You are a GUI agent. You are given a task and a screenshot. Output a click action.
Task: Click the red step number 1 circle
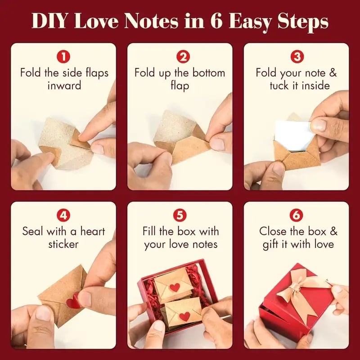point(64,57)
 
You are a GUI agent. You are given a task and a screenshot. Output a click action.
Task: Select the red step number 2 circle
point(180,57)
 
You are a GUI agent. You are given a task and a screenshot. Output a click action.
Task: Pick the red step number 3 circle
point(296,57)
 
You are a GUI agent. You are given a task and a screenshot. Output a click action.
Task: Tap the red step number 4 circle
point(64,215)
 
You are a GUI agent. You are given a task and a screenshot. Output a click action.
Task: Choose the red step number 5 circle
point(180,215)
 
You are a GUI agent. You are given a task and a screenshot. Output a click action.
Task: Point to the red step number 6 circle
point(296,215)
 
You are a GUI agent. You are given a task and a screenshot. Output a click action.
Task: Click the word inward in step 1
point(64,85)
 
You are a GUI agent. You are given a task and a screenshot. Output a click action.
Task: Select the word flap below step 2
point(180,85)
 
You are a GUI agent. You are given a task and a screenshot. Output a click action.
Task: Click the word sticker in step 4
point(64,244)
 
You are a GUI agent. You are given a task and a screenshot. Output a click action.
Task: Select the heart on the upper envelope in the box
point(175,287)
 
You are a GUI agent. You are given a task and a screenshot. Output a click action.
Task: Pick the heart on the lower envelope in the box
point(184,316)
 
